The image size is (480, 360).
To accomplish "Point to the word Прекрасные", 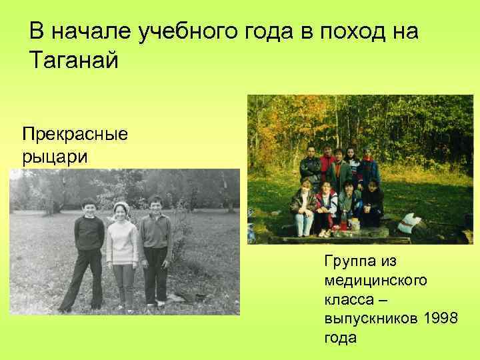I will coord(74,135).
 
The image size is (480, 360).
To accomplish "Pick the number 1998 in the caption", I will coord(440,319).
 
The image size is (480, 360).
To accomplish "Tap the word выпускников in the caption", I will coord(370,319).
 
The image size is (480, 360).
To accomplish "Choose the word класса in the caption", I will coord(351,300).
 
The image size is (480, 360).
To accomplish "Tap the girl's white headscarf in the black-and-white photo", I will coord(121,207).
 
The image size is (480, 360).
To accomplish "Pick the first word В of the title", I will coord(37,32).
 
